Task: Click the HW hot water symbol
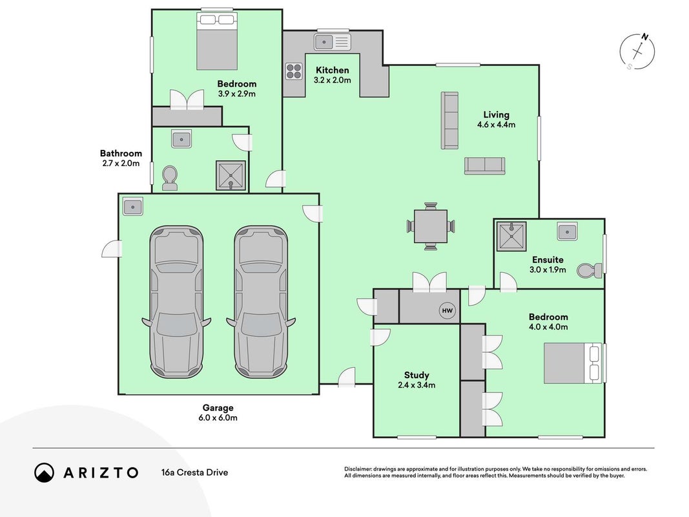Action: pos(447,311)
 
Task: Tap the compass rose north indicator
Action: pos(637,52)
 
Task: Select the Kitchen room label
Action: pos(332,70)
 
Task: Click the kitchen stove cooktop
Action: pos(294,71)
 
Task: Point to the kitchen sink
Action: pos(333,42)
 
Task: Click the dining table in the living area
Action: pos(431,226)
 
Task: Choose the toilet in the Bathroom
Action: pos(170,178)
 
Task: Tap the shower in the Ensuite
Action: pos(511,236)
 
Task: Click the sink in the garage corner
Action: pos(133,206)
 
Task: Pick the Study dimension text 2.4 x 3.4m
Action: pos(416,385)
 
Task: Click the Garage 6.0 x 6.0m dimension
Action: pos(218,417)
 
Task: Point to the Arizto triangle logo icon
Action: pos(44,472)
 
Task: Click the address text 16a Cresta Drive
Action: pos(194,472)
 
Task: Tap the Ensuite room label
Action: pos(548,259)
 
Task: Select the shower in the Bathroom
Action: pos(231,175)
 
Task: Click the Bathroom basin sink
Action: pos(181,140)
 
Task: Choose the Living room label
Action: pos(496,115)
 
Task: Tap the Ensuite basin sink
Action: pos(568,231)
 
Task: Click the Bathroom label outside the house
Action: pos(121,153)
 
